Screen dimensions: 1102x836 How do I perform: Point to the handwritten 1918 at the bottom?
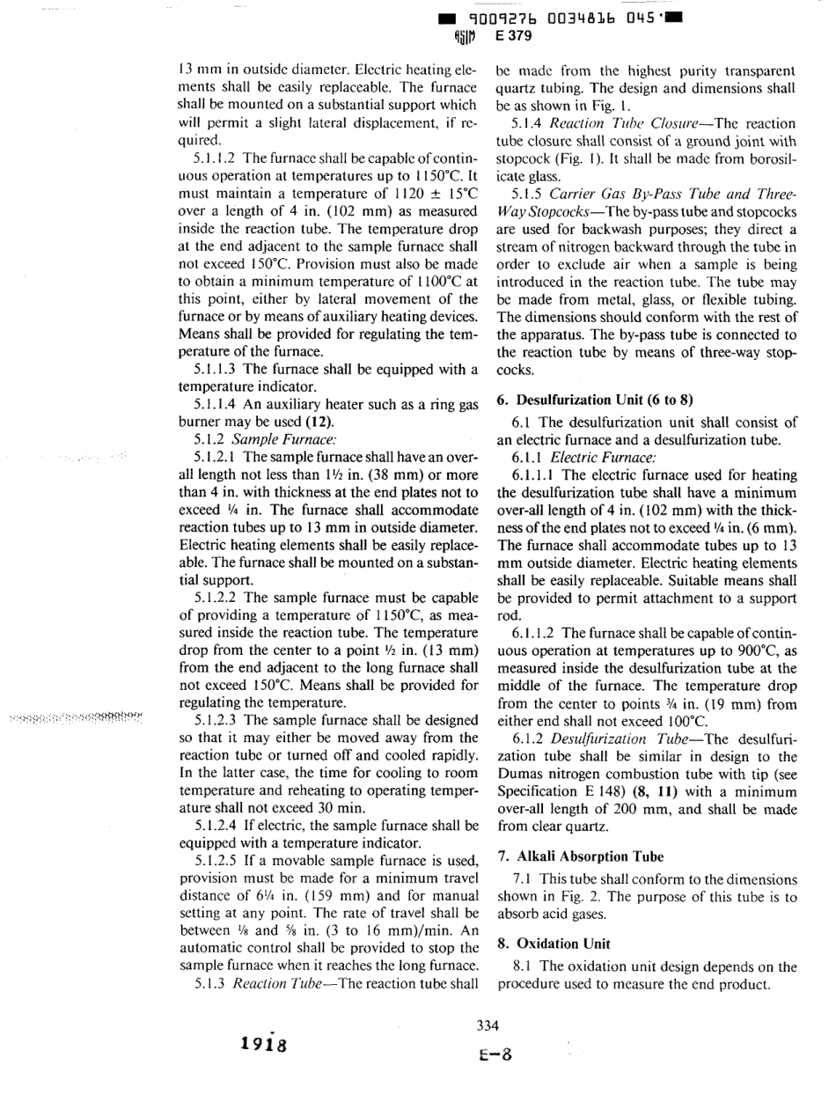(261, 1047)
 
